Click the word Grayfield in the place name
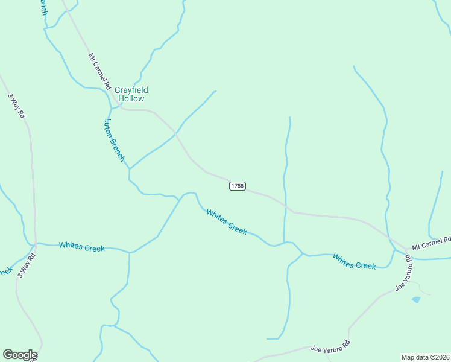131,91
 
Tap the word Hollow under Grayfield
131,98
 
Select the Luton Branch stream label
114,139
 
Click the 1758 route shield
237,186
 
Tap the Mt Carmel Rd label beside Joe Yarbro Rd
431,243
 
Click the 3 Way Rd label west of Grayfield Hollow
16,104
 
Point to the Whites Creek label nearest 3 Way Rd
81,247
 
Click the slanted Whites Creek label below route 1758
226,221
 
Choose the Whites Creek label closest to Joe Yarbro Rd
354,261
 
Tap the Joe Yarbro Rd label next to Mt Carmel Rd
403,273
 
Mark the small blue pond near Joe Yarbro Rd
415,299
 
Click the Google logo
20,355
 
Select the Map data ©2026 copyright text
425,357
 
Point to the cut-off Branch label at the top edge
42,7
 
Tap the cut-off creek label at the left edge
5,271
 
